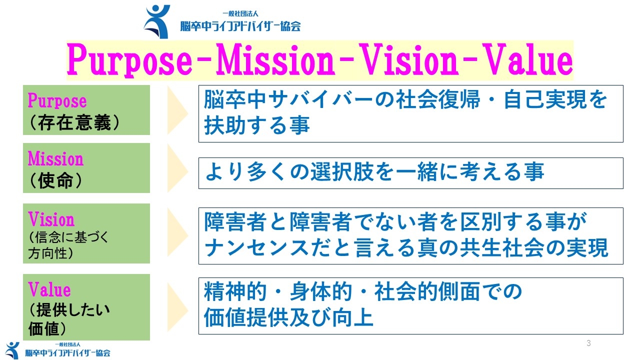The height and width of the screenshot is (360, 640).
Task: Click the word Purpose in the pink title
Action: tap(129, 60)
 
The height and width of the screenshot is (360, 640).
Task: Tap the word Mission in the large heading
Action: tap(275, 60)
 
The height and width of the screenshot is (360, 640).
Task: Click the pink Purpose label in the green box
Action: tap(57, 101)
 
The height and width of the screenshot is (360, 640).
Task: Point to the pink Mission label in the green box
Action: tap(55, 158)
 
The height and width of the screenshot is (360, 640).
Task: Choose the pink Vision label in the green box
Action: tap(51, 219)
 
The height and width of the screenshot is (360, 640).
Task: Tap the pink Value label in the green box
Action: tap(49, 289)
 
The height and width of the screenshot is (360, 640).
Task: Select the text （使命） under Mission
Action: tap(55, 180)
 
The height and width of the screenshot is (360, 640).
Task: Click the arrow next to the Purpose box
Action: tap(177, 110)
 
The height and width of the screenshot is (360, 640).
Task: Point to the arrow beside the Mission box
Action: tap(177, 168)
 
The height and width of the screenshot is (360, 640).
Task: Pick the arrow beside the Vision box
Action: tap(177, 233)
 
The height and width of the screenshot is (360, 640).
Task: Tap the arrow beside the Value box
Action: tap(177, 308)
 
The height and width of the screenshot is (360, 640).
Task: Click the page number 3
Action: tap(588, 343)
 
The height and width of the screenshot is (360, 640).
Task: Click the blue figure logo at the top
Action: tap(157, 21)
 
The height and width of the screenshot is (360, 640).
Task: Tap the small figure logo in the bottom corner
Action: tap(12, 350)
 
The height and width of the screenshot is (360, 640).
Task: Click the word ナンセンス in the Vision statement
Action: tap(257, 247)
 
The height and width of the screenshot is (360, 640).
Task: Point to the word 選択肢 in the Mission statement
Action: tap(342, 172)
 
